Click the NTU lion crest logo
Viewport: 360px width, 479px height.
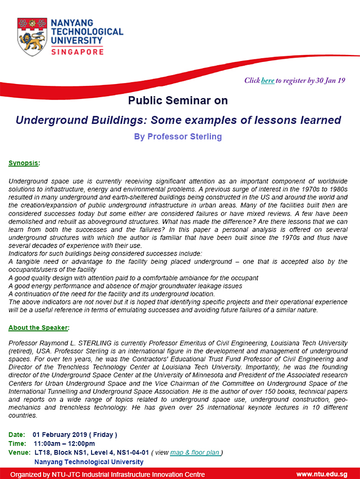pos(32,36)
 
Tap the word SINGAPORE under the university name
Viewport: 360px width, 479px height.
pos(77,51)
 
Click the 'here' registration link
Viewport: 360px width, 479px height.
pos(267,80)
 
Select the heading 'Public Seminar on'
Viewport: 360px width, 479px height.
pos(178,100)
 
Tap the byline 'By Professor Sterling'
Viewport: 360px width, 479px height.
pos(177,136)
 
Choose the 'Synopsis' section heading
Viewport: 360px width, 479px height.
pos(24,163)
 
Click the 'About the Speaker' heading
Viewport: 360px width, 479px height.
pos(38,328)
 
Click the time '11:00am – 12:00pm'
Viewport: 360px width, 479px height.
pos(64,443)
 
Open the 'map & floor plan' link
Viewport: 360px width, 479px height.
pos(195,452)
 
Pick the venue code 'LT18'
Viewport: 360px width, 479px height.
pos(42,452)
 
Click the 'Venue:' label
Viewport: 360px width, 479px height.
pos(19,452)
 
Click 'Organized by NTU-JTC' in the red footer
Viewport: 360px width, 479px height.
pos(50,474)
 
